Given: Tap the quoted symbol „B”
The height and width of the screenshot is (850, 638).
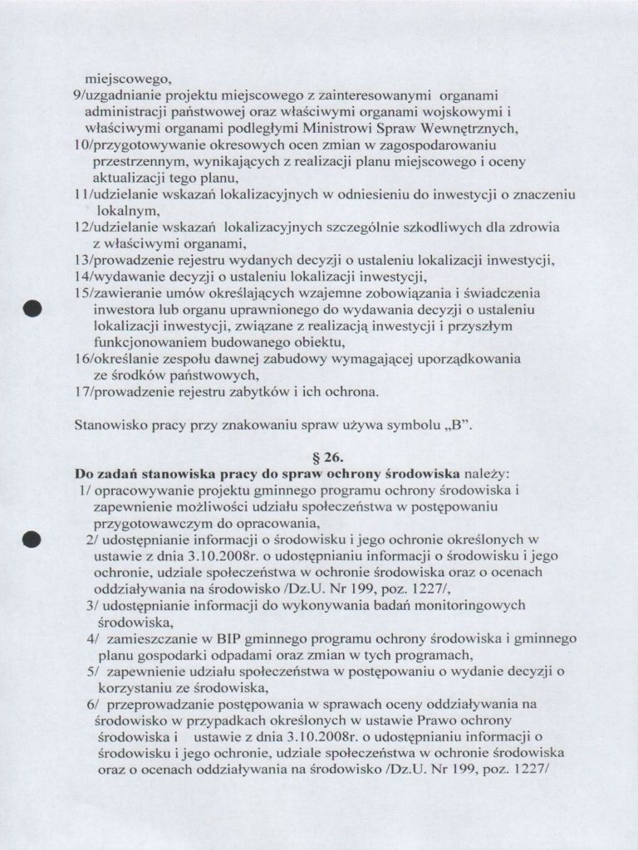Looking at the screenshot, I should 457,427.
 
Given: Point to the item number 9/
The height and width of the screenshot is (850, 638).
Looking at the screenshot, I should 79,96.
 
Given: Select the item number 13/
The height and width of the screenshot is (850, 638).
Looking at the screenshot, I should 85,260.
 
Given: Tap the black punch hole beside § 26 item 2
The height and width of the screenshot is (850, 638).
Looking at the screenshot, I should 32,540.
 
